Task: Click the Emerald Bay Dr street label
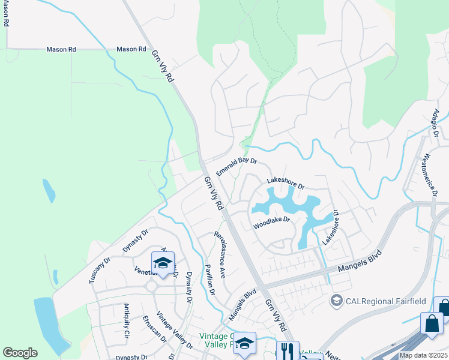tap(237, 166)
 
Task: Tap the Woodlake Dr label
tap(271, 223)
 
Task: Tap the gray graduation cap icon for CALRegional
tap(337, 300)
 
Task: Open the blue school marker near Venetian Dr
tap(163, 264)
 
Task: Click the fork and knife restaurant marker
tap(288, 350)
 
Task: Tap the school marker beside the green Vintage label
tap(244, 343)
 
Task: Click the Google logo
tap(20, 353)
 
